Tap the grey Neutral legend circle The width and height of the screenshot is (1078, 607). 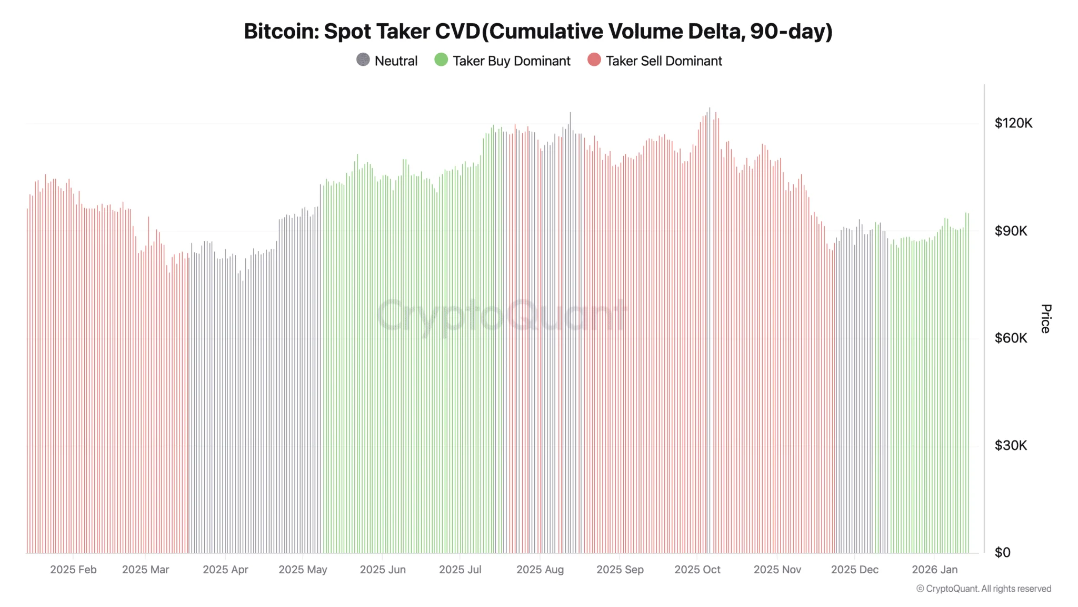tap(363, 60)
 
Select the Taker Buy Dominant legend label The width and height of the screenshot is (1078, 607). tap(511, 61)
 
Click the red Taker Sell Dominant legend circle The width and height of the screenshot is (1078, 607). tap(594, 60)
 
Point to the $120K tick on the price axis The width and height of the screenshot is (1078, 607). tap(1013, 123)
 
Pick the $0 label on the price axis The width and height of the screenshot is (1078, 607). tap(1002, 553)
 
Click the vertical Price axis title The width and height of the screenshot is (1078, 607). tap(1046, 319)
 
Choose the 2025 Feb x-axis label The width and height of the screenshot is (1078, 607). tap(73, 570)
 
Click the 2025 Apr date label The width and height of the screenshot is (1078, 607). tap(225, 570)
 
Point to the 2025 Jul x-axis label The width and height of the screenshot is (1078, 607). tap(460, 570)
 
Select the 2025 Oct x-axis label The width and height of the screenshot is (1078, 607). tap(697, 570)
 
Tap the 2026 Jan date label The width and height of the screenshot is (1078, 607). tap(934, 570)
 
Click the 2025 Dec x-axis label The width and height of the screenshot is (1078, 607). tap(854, 570)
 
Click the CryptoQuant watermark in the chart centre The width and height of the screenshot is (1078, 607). tap(501, 315)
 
